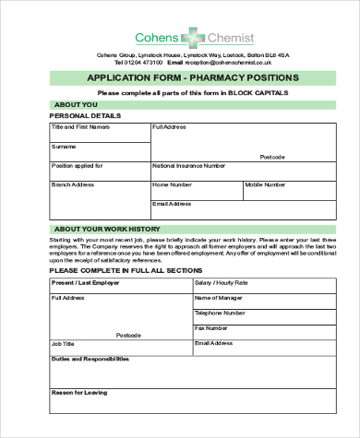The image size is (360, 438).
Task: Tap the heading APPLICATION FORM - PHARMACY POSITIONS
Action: [x=192, y=77]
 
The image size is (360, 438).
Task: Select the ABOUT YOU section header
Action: [x=76, y=104]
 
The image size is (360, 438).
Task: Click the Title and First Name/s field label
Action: [x=80, y=126]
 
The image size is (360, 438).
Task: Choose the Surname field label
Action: [x=64, y=147]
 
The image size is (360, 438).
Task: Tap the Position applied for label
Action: [x=77, y=166]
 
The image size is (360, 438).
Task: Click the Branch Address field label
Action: [x=73, y=184]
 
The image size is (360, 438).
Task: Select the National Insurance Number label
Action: [x=188, y=166]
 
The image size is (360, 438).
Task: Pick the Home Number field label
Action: [x=172, y=184]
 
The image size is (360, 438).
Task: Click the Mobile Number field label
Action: [x=267, y=184]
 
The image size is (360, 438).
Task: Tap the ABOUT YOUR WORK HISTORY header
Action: [x=107, y=229]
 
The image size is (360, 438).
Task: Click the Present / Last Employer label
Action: [x=86, y=282]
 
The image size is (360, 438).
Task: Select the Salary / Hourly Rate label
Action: [x=222, y=282]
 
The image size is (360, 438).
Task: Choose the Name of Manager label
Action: [x=219, y=298]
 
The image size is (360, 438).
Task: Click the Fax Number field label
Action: [x=211, y=327]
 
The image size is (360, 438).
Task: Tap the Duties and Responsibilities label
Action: [x=90, y=359]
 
